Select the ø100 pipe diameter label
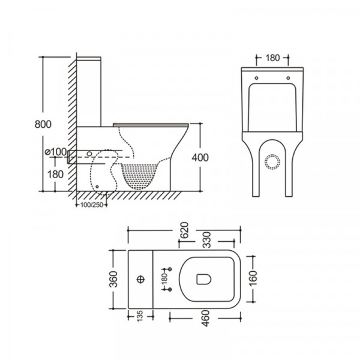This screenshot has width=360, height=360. coord(55,151)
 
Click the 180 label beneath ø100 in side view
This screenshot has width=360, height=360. coord(55,174)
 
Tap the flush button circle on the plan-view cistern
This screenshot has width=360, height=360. coord(141,279)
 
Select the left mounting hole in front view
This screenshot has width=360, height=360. coord(256,77)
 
